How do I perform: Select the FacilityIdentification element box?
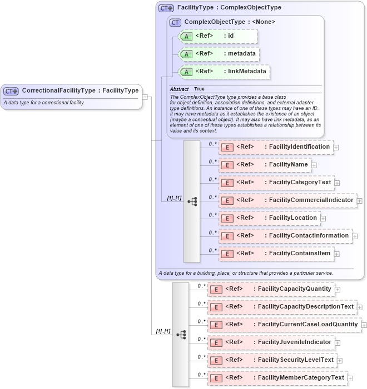click(x=276, y=147)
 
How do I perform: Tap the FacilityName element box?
click(x=265, y=165)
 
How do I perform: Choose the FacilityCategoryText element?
click(x=276, y=183)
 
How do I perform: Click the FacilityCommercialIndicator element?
click(x=287, y=200)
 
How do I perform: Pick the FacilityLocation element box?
click(x=269, y=218)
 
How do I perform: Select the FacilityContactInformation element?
click(x=285, y=236)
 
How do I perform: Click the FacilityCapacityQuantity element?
click(x=271, y=289)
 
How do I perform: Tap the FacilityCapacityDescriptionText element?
click(x=282, y=307)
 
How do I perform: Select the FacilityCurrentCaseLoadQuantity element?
click(x=284, y=325)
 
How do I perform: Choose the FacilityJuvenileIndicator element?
click(x=271, y=342)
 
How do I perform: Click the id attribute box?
click(x=218, y=36)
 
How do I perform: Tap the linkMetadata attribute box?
click(x=224, y=72)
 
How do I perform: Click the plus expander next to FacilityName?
click(x=314, y=165)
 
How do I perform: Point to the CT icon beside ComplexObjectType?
click(x=176, y=22)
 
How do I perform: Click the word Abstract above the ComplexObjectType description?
click(x=179, y=89)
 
